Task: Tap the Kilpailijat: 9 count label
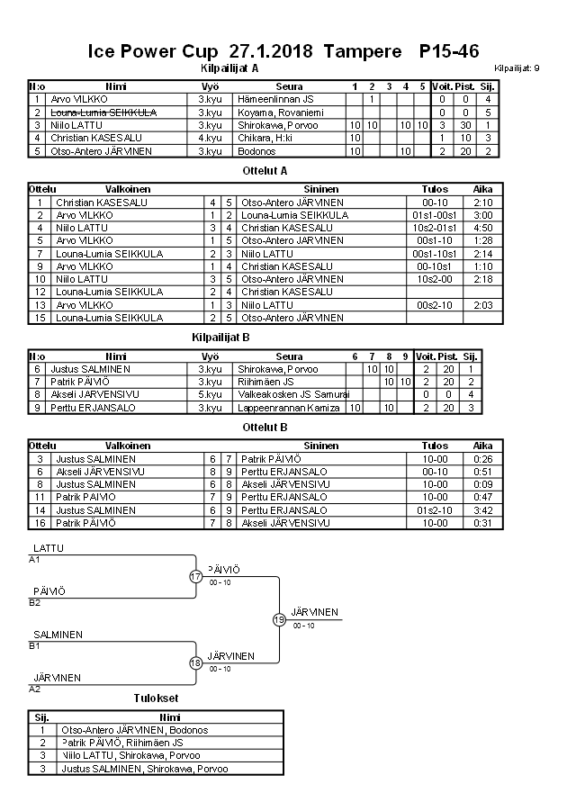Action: click(517, 68)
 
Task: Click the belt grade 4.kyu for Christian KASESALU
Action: click(210, 138)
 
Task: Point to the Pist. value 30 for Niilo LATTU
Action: click(465, 125)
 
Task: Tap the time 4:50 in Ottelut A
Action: click(482, 229)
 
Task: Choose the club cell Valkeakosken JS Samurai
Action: click(288, 394)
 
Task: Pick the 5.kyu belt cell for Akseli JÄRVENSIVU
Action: click(210, 394)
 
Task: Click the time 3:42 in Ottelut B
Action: click(482, 509)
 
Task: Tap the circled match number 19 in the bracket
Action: click(279, 619)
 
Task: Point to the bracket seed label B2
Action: click(35, 603)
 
